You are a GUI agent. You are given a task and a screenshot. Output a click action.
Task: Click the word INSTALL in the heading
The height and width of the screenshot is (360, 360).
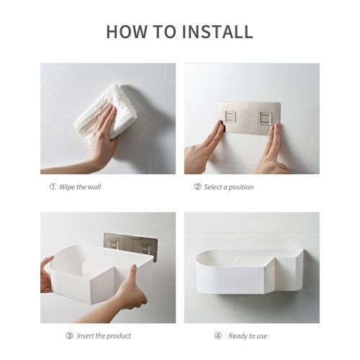click(x=217, y=32)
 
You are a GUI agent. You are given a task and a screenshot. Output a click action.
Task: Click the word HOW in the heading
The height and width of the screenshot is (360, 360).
click(x=127, y=32)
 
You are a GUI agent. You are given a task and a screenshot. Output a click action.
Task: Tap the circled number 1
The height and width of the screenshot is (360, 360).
click(x=53, y=186)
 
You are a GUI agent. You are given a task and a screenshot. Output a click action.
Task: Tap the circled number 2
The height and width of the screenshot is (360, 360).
click(x=197, y=186)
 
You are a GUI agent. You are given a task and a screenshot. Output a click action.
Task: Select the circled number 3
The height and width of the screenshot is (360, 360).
click(x=69, y=336)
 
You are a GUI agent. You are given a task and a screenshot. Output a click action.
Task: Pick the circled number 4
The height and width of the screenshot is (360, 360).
click(x=218, y=336)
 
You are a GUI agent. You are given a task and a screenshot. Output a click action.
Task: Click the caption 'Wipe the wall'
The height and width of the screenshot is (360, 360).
click(x=80, y=187)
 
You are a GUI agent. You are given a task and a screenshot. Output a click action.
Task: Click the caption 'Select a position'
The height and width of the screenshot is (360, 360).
click(x=229, y=187)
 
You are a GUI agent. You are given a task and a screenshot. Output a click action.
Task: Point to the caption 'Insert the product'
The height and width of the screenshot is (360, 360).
click(x=104, y=336)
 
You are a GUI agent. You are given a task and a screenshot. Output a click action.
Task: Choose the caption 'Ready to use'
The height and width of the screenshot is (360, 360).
click(x=248, y=336)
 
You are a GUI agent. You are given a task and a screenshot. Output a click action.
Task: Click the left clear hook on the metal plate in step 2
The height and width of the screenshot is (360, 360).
click(x=230, y=117)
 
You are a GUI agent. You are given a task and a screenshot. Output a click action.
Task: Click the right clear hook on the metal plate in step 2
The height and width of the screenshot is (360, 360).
click(x=266, y=118)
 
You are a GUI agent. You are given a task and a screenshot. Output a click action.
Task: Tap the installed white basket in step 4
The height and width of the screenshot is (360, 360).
click(x=249, y=271)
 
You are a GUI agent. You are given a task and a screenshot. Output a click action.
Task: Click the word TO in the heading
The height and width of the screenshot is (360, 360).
click(x=164, y=32)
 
